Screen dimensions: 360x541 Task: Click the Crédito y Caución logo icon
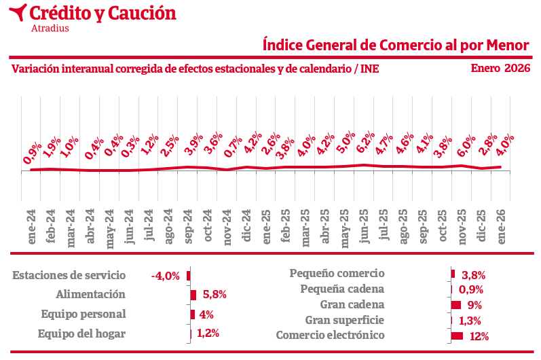(20, 12)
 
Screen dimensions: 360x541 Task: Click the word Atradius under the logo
(50, 28)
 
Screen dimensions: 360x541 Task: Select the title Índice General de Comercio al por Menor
(396, 45)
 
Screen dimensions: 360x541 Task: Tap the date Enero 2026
(500, 68)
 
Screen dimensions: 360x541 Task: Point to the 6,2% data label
(366, 143)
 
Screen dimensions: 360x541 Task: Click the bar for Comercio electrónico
(457, 336)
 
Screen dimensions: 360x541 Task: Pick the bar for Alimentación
(193, 295)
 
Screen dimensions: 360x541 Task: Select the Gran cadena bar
(455, 305)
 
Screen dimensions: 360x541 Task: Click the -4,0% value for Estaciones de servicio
(166, 276)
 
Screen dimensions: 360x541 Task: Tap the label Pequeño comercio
(337, 273)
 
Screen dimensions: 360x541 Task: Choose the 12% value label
(479, 336)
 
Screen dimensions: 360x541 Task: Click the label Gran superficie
(344, 320)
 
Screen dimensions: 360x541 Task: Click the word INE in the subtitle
(369, 69)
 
